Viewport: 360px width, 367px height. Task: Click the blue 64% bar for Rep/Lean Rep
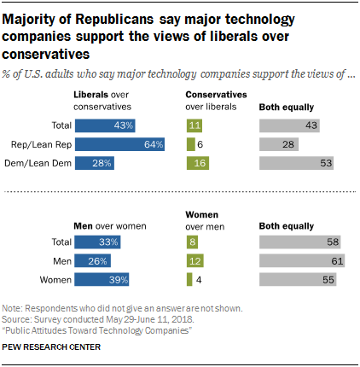[120, 145]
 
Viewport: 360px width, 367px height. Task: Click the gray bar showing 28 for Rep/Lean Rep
[280, 145]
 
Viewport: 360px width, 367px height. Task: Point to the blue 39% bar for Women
[102, 279]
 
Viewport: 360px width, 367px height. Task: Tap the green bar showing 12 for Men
[194, 261]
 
